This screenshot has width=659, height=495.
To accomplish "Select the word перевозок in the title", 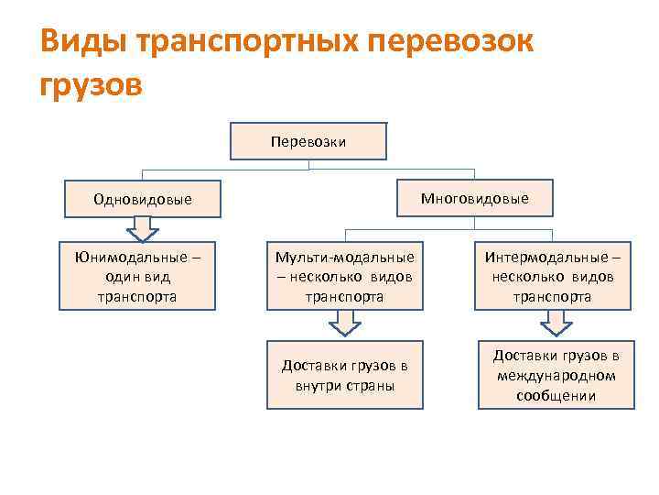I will click(453, 41).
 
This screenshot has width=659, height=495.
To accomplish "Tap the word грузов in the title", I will click(92, 84).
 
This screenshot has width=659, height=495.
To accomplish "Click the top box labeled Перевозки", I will click(308, 141).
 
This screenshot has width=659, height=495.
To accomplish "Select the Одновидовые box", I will click(143, 199).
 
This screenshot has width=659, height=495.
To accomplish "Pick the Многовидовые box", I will click(474, 198).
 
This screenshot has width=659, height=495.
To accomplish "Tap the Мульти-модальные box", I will click(346, 276).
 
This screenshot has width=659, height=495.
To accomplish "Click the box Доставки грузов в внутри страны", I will click(346, 375).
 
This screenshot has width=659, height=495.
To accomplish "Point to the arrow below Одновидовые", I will click(143, 227).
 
